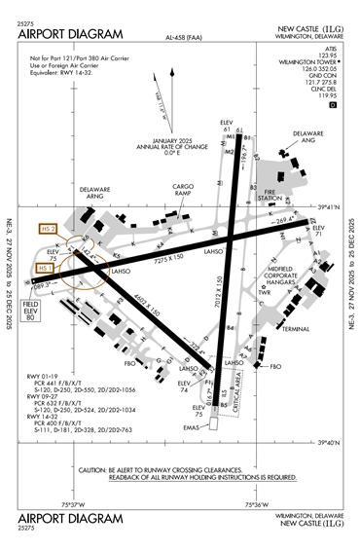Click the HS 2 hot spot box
[45, 229]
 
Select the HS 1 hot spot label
[45, 268]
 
